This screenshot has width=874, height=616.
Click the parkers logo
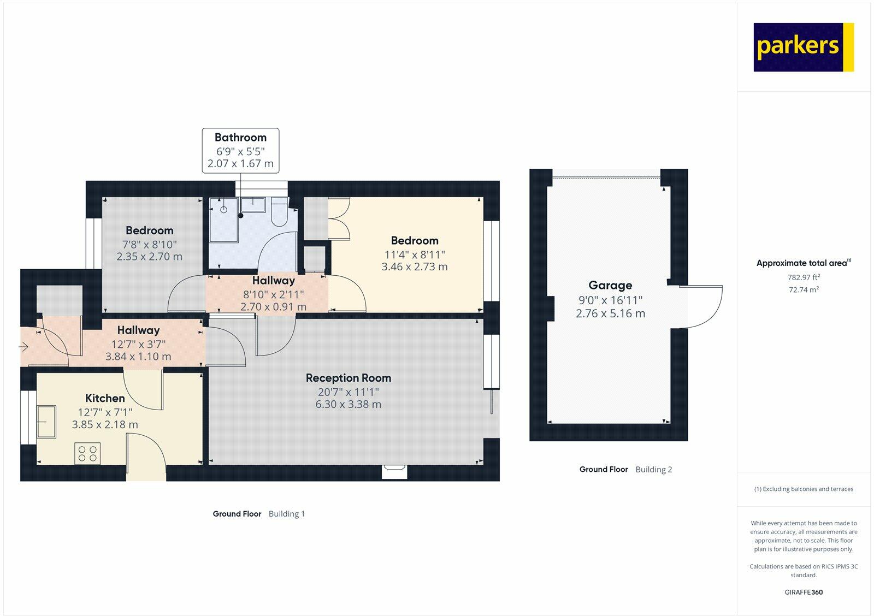(x=803, y=47)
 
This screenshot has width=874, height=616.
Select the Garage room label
(x=610, y=285)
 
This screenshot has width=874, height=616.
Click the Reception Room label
(x=348, y=378)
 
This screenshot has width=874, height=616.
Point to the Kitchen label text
(x=105, y=398)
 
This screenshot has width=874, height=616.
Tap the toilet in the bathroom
(x=280, y=213)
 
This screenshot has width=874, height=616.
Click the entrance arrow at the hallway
(x=23, y=346)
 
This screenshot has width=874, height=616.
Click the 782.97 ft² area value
(x=804, y=277)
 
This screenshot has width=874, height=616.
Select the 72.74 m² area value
(x=804, y=290)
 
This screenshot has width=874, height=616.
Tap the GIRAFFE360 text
(x=804, y=592)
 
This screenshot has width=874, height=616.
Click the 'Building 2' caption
(x=654, y=470)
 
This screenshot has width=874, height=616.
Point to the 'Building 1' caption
(x=287, y=514)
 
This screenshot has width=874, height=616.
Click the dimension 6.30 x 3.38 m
(x=348, y=405)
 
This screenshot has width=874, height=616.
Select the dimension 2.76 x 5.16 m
(x=610, y=314)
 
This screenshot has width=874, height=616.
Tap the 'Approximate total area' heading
(x=802, y=263)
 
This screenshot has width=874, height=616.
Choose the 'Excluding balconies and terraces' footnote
(x=804, y=489)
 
